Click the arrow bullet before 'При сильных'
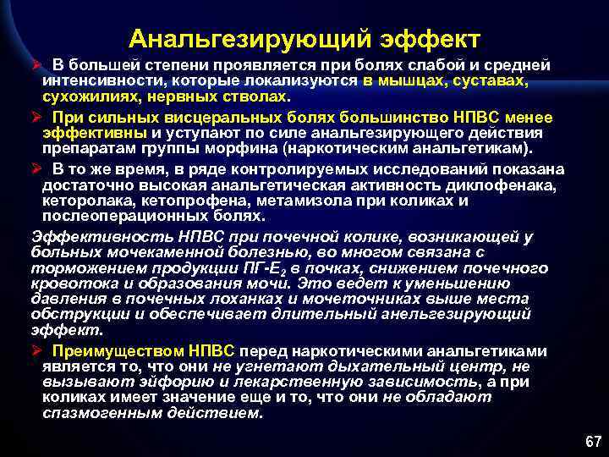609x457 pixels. (37, 117)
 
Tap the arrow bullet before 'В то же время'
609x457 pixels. (37, 169)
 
